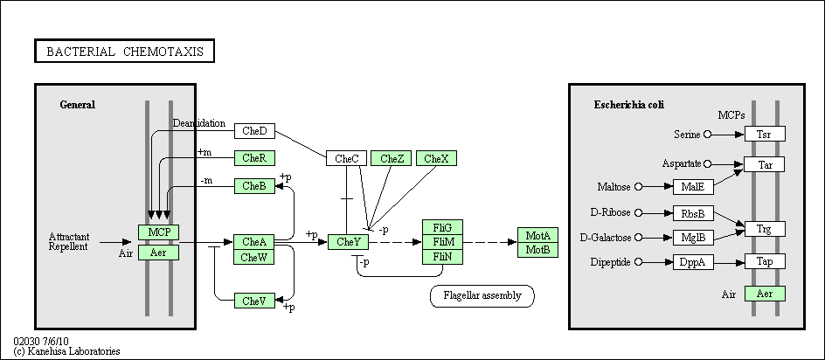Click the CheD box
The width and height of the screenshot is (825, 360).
click(254, 131)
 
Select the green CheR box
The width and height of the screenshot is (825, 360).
click(254, 158)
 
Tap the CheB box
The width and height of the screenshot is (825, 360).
click(254, 186)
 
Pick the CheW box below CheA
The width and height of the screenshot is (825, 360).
click(254, 258)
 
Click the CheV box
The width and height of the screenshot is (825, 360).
click(254, 301)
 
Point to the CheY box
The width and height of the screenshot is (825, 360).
click(349, 242)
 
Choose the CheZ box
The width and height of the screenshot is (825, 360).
click(392, 158)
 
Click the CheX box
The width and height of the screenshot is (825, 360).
click(436, 158)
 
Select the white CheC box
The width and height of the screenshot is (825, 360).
click(347, 158)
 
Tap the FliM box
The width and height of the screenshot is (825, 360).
click(443, 242)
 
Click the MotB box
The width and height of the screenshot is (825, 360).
click(537, 250)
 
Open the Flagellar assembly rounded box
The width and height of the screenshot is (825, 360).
click(482, 296)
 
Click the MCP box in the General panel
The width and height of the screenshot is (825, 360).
click(159, 232)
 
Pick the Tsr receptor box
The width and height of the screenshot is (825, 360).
click(765, 134)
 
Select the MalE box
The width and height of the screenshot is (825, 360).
click(693, 187)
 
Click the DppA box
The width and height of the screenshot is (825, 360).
click(693, 262)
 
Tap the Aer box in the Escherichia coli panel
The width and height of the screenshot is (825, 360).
click(765, 294)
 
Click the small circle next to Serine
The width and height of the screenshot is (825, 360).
click(707, 135)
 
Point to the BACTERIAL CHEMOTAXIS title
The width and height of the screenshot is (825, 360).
click(125, 51)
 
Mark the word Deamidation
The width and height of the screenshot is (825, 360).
click(199, 123)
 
